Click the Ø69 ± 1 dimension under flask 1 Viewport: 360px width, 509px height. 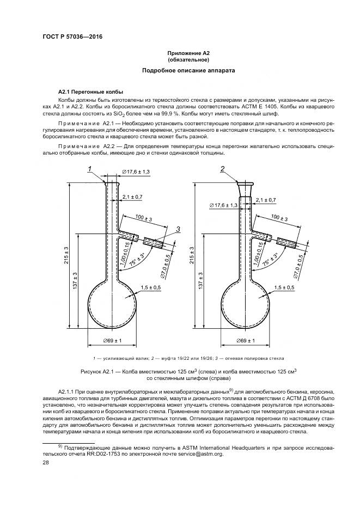(112, 341)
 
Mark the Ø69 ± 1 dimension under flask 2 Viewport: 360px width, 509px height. (246, 341)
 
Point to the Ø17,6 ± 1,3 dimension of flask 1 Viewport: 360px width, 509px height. (136, 172)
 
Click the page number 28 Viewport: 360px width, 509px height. (46, 462)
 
